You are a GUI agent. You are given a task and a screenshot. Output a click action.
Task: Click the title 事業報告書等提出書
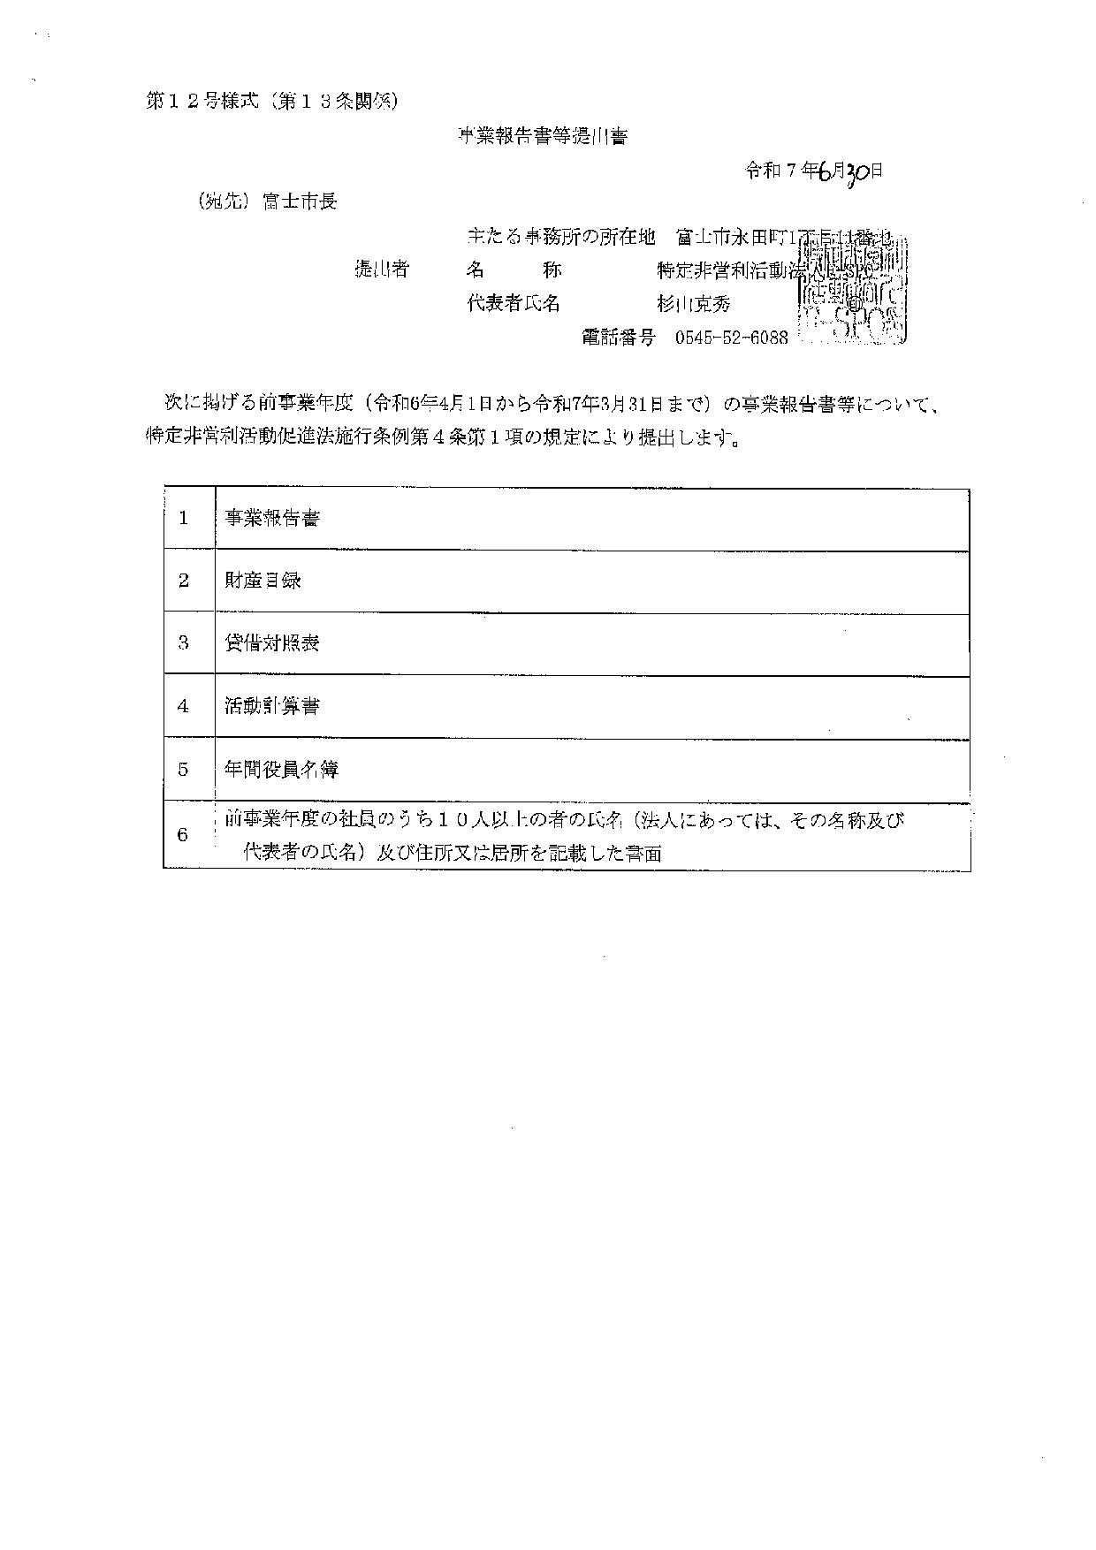click(x=542, y=137)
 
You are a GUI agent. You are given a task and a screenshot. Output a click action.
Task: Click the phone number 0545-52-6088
click(x=731, y=338)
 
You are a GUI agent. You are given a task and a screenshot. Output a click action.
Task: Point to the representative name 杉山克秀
click(x=693, y=304)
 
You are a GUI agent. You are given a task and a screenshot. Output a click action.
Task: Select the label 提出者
click(x=382, y=270)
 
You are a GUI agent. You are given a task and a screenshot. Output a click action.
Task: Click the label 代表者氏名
click(x=513, y=304)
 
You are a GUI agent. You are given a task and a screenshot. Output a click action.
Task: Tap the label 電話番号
click(x=618, y=338)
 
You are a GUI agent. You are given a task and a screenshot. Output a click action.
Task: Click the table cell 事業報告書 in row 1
click(x=271, y=519)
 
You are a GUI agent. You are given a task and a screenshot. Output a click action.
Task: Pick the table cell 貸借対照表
click(x=271, y=643)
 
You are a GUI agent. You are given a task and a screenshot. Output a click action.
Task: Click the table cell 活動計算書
click(x=271, y=706)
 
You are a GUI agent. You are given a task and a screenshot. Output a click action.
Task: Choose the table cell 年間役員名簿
click(x=281, y=769)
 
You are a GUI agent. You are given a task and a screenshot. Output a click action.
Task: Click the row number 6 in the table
click(x=183, y=835)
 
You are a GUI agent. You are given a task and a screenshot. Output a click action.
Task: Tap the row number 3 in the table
click(x=183, y=643)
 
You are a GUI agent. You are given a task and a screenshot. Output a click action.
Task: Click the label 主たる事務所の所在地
click(x=560, y=237)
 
